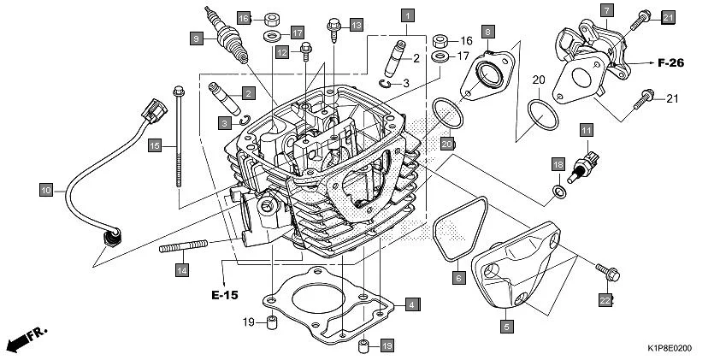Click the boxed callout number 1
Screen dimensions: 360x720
(409, 15)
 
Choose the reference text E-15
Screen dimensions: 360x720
(225, 295)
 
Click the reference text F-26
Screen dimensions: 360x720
(673, 62)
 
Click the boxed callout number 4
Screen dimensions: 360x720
(411, 304)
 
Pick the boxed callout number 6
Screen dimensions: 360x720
(458, 278)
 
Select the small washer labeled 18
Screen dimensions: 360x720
(558, 191)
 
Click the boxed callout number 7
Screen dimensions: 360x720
(606, 10)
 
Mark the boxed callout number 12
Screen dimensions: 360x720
(281, 52)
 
